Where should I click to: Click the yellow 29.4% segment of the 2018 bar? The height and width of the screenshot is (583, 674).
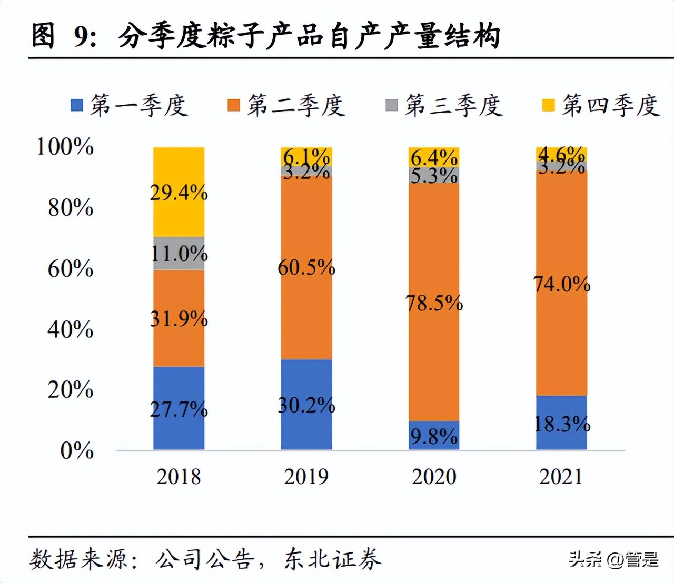[179, 192]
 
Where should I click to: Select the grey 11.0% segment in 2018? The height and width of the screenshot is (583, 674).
[179, 254]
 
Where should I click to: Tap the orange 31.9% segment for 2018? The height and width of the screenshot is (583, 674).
[179, 318]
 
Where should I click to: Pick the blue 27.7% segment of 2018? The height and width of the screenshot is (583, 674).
[179, 408]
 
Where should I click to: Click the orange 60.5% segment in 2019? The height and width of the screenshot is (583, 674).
[306, 267]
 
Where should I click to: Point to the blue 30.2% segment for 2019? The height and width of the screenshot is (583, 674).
[306, 405]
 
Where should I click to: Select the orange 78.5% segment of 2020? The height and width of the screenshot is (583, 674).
[434, 303]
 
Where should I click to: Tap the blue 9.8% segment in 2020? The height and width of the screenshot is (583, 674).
[434, 436]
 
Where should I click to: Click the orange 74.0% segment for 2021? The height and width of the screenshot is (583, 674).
[561, 284]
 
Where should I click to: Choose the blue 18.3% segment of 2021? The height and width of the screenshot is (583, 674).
[561, 423]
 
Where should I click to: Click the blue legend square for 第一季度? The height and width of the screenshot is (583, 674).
[77, 105]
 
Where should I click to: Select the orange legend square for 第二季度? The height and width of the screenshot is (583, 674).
[234, 105]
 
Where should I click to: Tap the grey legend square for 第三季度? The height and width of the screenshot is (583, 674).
[391, 105]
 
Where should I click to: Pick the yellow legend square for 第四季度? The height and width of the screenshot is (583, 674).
[549, 105]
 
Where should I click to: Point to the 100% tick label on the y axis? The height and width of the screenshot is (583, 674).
[65, 146]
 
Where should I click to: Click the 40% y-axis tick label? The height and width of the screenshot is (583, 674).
[70, 329]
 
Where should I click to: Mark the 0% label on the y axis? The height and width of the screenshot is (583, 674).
[76, 450]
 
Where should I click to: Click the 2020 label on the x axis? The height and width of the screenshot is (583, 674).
[434, 477]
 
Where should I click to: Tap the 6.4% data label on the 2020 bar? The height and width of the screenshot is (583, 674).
[434, 157]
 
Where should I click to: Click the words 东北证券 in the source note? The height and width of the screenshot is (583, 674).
[333, 559]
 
